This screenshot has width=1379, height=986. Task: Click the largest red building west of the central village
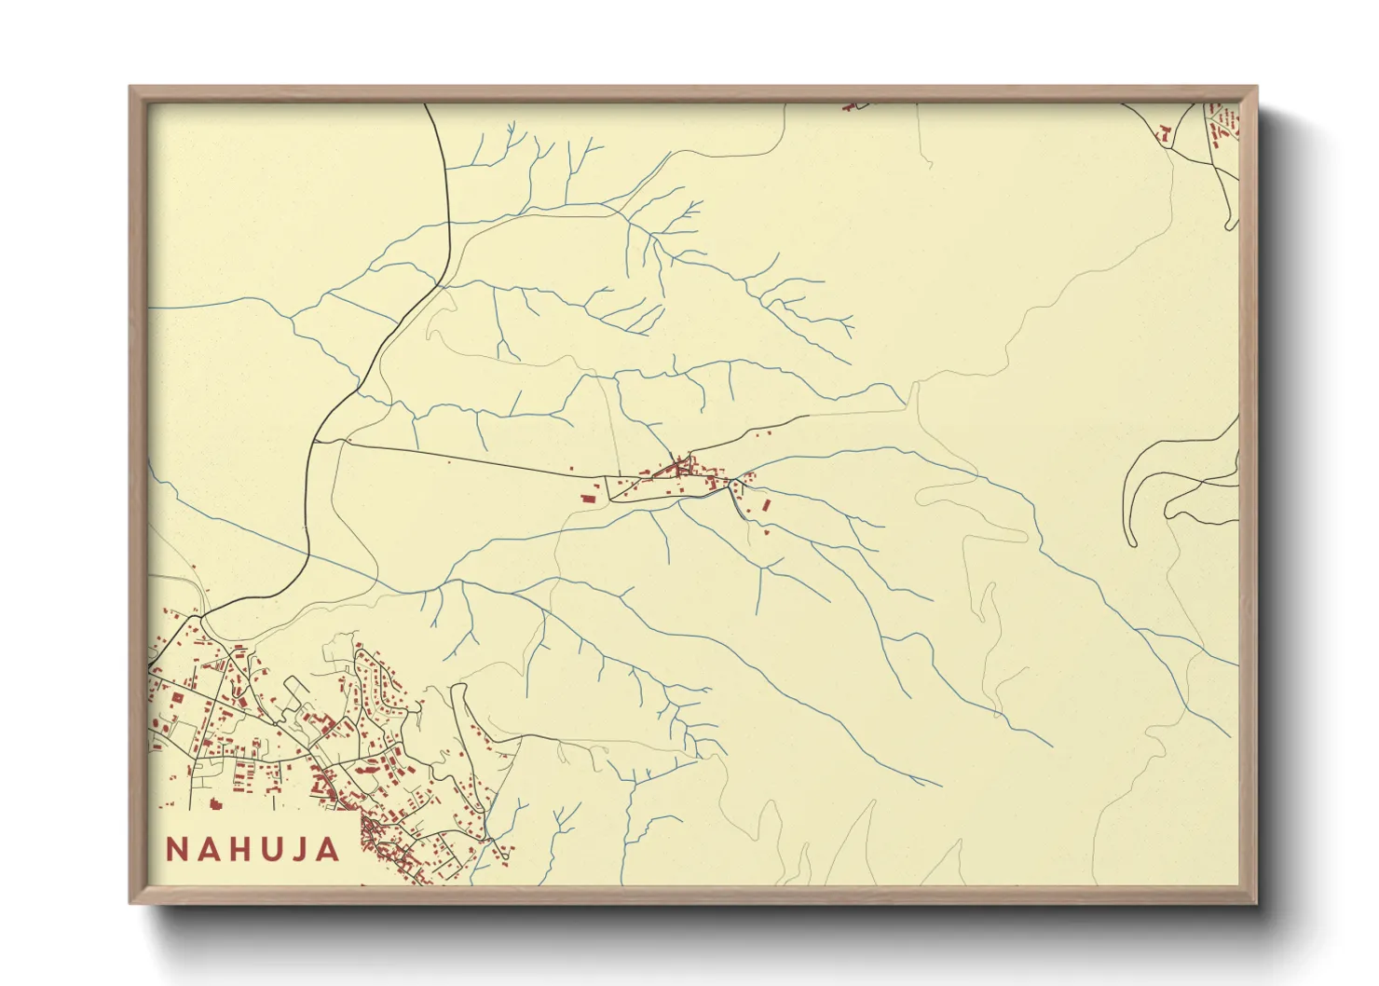(589, 498)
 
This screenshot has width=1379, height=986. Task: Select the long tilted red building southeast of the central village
(767, 505)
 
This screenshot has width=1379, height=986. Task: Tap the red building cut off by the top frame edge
(848, 107)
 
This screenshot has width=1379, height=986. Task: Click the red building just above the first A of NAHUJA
(216, 803)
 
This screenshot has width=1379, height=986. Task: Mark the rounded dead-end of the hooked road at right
(1132, 542)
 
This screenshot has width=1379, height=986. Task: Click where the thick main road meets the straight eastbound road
(317, 442)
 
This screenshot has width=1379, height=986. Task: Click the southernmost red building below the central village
(765, 532)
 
